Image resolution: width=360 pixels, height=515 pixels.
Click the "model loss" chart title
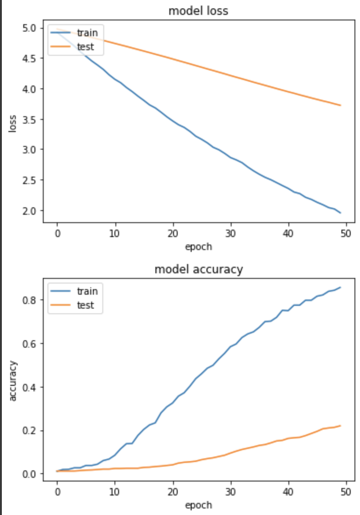tap(198, 11)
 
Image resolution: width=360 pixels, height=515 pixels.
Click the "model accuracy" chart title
tap(198, 270)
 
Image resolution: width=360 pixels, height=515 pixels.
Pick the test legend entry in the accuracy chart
tap(85, 305)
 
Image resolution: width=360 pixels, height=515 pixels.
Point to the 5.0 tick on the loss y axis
tap(29, 28)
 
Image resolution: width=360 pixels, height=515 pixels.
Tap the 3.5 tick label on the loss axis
tap(29, 119)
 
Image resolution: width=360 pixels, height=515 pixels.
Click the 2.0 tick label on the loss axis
tap(29, 211)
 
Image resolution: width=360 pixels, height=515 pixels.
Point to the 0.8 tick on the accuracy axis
tap(29, 300)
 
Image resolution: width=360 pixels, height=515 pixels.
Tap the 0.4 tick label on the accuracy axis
tap(29, 387)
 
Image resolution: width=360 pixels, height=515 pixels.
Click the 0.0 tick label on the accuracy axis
tap(29, 474)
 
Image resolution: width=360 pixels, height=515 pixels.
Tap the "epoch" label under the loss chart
tap(198, 247)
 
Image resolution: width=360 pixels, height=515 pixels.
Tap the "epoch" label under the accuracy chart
tap(198, 505)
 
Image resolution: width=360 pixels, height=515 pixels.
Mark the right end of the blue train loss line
tap(340, 213)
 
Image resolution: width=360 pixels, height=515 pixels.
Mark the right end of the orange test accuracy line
tap(340, 425)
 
